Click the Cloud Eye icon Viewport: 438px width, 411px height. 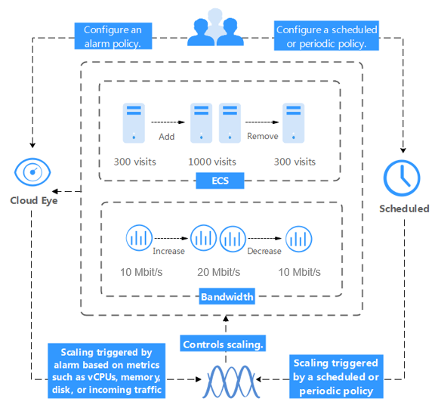tap(32, 172)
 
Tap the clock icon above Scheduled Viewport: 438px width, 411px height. tap(402, 178)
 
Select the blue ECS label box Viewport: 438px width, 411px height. tap(220, 181)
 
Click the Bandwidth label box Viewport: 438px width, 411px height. tap(227, 296)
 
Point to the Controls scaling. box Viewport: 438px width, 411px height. tap(223, 343)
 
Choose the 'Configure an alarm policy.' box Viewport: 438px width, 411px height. tap(113, 36)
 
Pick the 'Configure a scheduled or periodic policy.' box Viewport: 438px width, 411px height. tap(326, 36)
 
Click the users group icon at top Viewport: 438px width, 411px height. tap(215, 27)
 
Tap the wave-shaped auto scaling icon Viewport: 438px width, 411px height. tap(231, 382)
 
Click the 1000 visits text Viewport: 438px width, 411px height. tap(212, 162)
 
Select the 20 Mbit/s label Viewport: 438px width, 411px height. tap(219, 272)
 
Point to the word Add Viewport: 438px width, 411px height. tap(167, 137)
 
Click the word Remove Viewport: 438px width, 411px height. tap(263, 136)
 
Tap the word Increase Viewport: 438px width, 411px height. tap(168, 251)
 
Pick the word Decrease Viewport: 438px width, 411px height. tap(264, 251)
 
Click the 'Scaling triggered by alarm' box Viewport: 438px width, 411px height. tap(106, 371)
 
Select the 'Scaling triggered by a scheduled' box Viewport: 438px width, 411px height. tap(336, 376)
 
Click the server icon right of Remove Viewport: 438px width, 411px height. tap(293, 123)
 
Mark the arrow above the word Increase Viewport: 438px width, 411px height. tap(171, 238)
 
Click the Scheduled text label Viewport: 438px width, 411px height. tap(404, 209)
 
